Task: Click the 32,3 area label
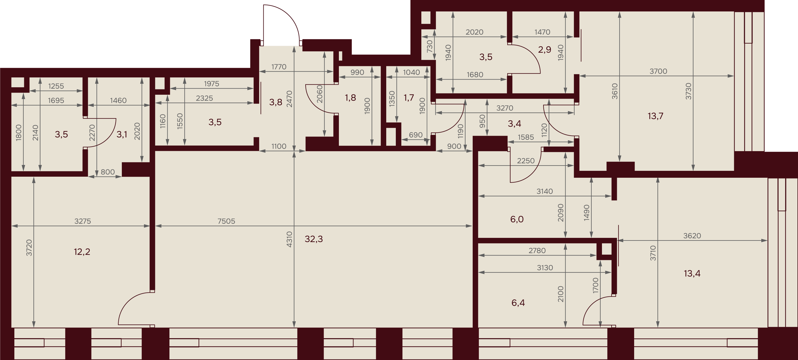click(x=314, y=239)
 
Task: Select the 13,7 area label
click(x=655, y=116)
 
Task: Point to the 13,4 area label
click(x=692, y=273)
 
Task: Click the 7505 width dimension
click(x=226, y=221)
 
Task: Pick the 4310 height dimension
click(x=289, y=239)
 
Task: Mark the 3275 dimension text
click(x=83, y=221)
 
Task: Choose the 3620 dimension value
click(x=692, y=236)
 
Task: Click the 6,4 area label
click(x=518, y=303)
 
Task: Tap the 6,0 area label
click(x=517, y=219)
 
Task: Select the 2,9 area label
click(x=545, y=49)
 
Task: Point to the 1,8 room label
click(x=350, y=98)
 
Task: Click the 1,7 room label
click(x=409, y=98)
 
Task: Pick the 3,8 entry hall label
click(x=275, y=102)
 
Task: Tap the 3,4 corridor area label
click(x=514, y=124)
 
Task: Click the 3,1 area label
click(x=122, y=134)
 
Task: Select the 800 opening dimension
click(x=107, y=172)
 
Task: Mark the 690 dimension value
click(x=415, y=135)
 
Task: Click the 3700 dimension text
click(x=658, y=71)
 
